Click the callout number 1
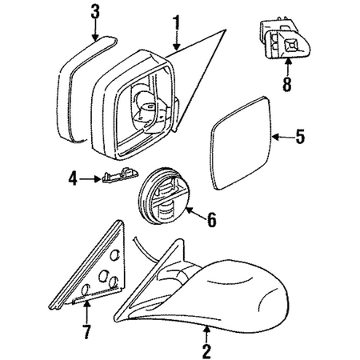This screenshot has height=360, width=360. (x=176, y=23)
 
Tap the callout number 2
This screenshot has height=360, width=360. (x=206, y=351)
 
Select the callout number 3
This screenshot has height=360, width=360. (x=95, y=12)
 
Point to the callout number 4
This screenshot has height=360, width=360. (x=73, y=179)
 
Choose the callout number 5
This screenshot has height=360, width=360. (x=300, y=137)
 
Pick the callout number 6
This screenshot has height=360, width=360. (x=212, y=220)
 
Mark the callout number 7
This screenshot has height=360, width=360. (x=86, y=331)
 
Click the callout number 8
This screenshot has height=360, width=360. (x=287, y=85)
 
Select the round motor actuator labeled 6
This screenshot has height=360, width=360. (x=161, y=196)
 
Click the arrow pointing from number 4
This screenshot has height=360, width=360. (x=90, y=179)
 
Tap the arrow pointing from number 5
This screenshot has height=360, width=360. (x=283, y=137)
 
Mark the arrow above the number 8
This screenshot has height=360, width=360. (x=287, y=67)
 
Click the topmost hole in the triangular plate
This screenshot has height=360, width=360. (x=114, y=255)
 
